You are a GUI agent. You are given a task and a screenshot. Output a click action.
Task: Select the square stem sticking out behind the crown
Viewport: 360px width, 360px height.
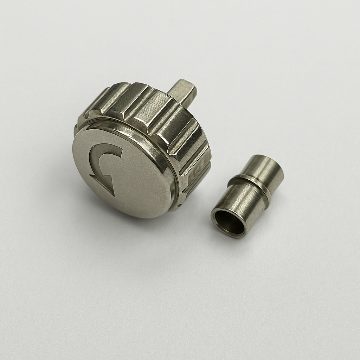182,91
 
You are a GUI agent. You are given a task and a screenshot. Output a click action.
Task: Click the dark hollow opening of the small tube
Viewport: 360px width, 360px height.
230,223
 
